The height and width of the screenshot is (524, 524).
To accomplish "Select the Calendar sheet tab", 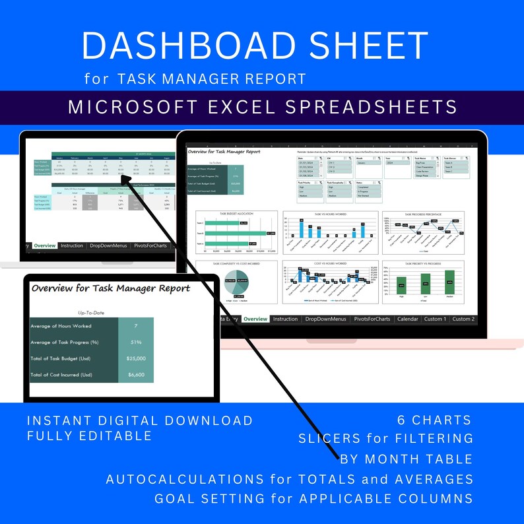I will (x=408, y=319).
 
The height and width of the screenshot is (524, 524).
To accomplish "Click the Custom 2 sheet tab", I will (x=463, y=319).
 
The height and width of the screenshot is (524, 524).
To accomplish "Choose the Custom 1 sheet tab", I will (x=435, y=319).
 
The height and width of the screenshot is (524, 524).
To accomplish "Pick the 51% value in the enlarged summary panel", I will (x=135, y=342).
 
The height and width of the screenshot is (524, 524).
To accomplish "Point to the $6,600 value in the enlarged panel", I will (x=135, y=375).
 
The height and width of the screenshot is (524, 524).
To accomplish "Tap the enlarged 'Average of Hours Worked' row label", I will (x=61, y=325).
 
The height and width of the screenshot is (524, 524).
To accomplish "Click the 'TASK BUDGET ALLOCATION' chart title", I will (x=236, y=214).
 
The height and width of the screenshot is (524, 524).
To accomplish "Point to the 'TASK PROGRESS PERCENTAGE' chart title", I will (x=422, y=214).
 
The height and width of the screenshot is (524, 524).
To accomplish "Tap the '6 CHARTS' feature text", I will (x=434, y=420).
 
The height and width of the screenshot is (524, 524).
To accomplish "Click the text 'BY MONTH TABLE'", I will (x=407, y=459).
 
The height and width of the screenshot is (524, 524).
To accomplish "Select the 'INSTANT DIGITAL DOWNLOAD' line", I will (x=140, y=420).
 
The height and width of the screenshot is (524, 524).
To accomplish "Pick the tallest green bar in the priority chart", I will (x=450, y=282).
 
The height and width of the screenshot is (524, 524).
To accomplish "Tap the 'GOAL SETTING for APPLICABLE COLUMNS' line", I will (x=313, y=498).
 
